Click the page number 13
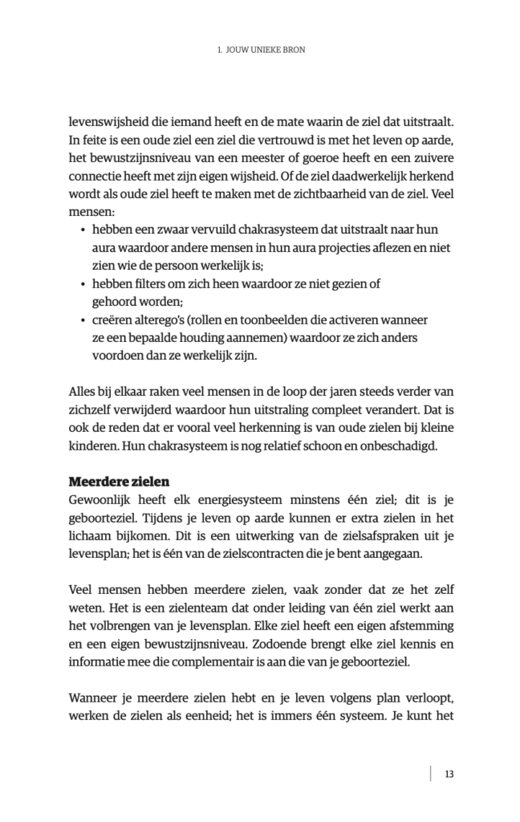[x=449, y=774]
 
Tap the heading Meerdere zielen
[x=120, y=482]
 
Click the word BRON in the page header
[x=294, y=50]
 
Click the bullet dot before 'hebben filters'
[x=84, y=284]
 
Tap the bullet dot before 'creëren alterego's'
[x=84, y=319]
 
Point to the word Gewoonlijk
[x=103, y=499]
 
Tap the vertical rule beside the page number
[x=432, y=774]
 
